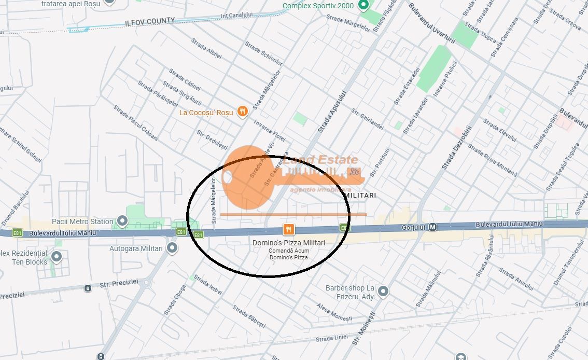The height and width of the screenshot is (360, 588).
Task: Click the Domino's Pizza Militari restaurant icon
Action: click(289, 229)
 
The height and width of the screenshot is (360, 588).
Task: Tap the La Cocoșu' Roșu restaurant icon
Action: click(242, 112)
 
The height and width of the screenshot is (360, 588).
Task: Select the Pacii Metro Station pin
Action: click(122, 221)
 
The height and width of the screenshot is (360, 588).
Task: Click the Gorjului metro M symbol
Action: click(433, 227)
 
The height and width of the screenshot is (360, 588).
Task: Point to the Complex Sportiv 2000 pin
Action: click(363, 6)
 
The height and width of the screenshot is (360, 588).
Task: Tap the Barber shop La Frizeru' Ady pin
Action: click(383, 292)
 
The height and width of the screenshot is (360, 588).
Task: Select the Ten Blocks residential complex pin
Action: click(57, 257)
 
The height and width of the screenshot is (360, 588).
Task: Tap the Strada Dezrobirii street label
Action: click(457, 148)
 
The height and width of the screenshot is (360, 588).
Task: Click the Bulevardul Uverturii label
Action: click(431, 23)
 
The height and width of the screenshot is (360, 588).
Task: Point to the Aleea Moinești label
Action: click(334, 312)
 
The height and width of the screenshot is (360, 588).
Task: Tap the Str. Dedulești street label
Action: click(212, 141)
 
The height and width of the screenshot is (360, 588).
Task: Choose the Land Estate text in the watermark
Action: click(320, 160)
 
